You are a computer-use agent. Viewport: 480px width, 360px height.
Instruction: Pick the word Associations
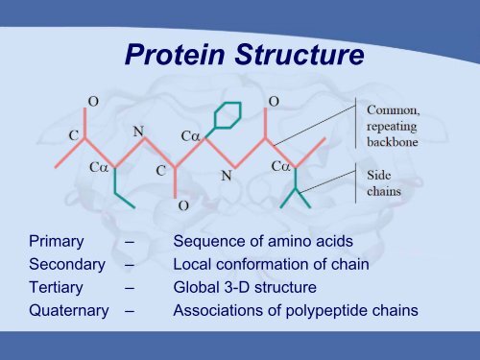click(217, 310)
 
